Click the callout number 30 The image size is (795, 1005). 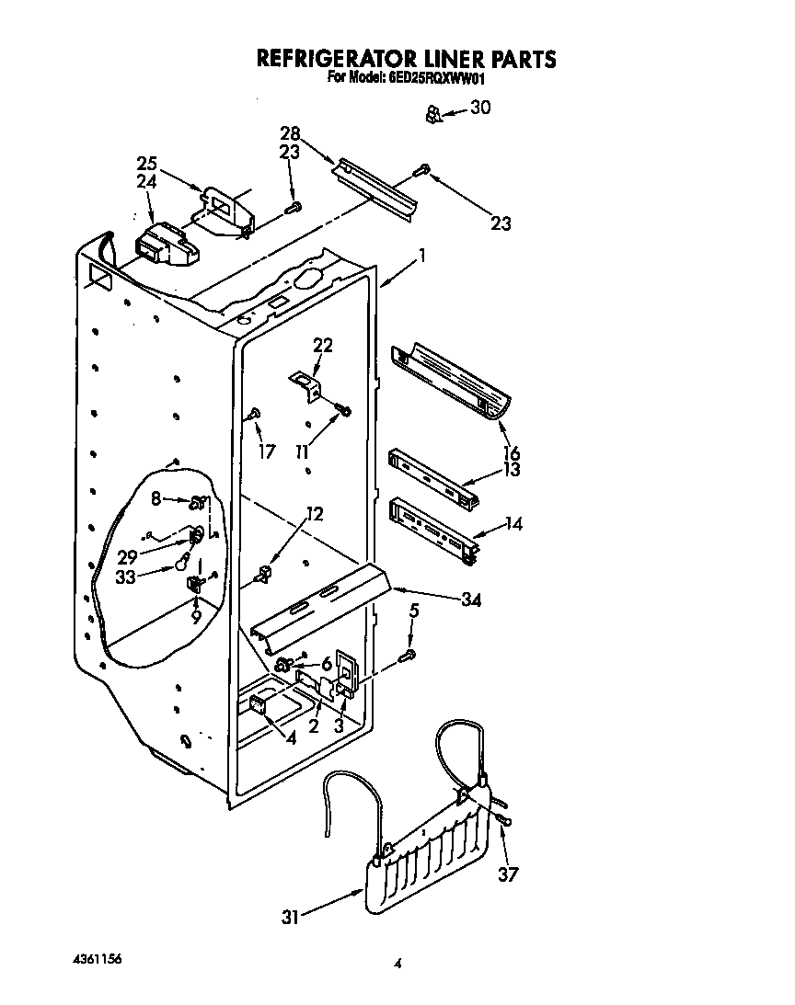click(x=480, y=108)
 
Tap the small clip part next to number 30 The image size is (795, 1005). click(x=432, y=114)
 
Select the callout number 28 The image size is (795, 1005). click(x=290, y=134)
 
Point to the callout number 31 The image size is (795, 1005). click(x=291, y=916)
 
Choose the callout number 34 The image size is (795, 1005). click(x=471, y=600)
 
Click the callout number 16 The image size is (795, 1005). click(x=512, y=452)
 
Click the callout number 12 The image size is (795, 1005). click(x=315, y=514)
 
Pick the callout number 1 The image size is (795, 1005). click(x=421, y=257)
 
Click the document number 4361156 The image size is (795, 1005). click(x=96, y=959)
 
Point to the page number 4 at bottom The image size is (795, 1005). click(x=397, y=964)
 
